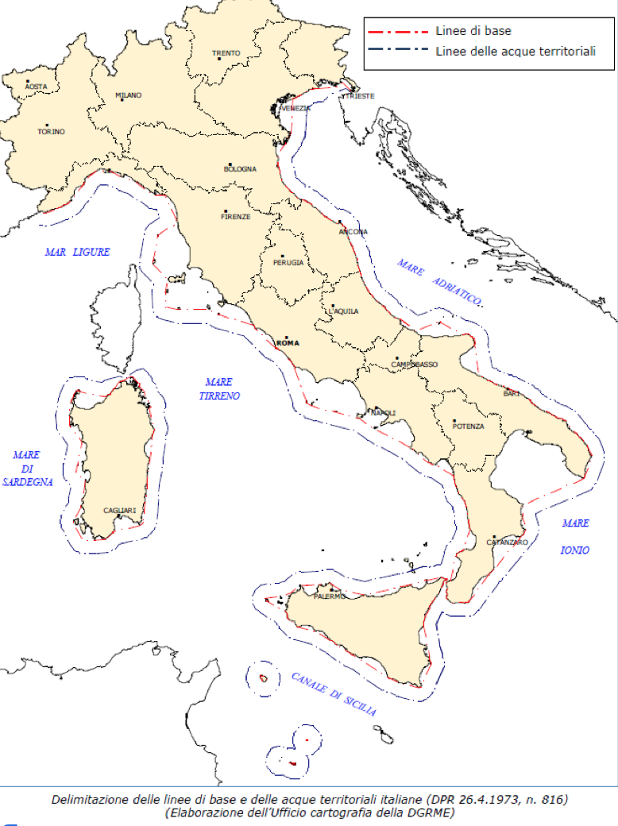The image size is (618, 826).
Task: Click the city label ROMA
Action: tap(287, 343)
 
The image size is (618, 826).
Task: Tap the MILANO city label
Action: tap(129, 95)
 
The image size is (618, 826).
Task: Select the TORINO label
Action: tap(52, 132)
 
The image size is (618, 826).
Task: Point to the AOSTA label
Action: tap(36, 86)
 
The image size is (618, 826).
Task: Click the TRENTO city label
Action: tap(226, 54)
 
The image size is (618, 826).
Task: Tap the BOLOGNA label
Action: tap(240, 169)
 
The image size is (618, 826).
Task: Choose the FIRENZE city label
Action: tap(236, 216)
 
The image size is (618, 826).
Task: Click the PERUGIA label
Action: tap(288, 263)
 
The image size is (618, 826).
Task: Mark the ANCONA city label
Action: tap(353, 232)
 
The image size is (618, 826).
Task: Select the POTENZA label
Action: tap(468, 427)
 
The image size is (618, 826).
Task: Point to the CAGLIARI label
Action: tap(119, 511)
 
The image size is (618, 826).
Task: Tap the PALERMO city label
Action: tap(330, 596)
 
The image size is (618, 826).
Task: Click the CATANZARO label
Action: tap(507, 542)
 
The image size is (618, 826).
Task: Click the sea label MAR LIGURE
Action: tap(77, 252)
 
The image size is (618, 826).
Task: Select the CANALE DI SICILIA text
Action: tap(334, 693)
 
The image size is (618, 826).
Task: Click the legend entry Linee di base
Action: tap(473, 31)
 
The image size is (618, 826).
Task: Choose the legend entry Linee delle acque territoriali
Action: tap(516, 52)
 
